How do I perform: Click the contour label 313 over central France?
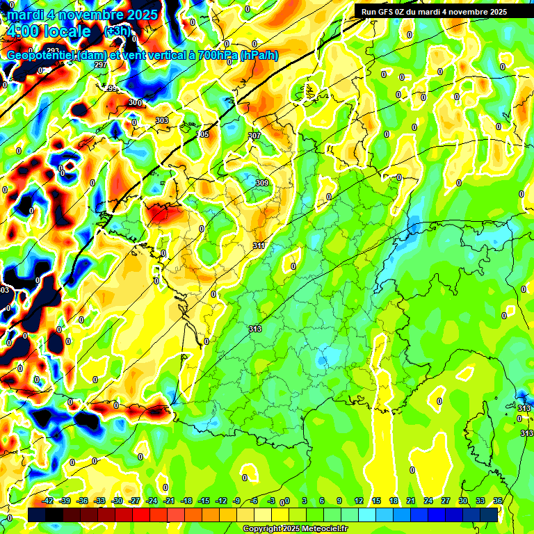254,329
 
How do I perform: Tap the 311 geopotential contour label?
259,245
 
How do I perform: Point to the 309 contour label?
261,183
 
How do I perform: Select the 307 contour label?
254,136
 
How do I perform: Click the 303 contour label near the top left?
162,120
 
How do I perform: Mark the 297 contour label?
100,65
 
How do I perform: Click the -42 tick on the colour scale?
48,501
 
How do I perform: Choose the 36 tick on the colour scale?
498,501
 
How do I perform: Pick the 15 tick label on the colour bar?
376,501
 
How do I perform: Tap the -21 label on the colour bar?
170,501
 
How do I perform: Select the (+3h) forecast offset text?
115,32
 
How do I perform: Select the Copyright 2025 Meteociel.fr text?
295,528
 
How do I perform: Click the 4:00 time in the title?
21,31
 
